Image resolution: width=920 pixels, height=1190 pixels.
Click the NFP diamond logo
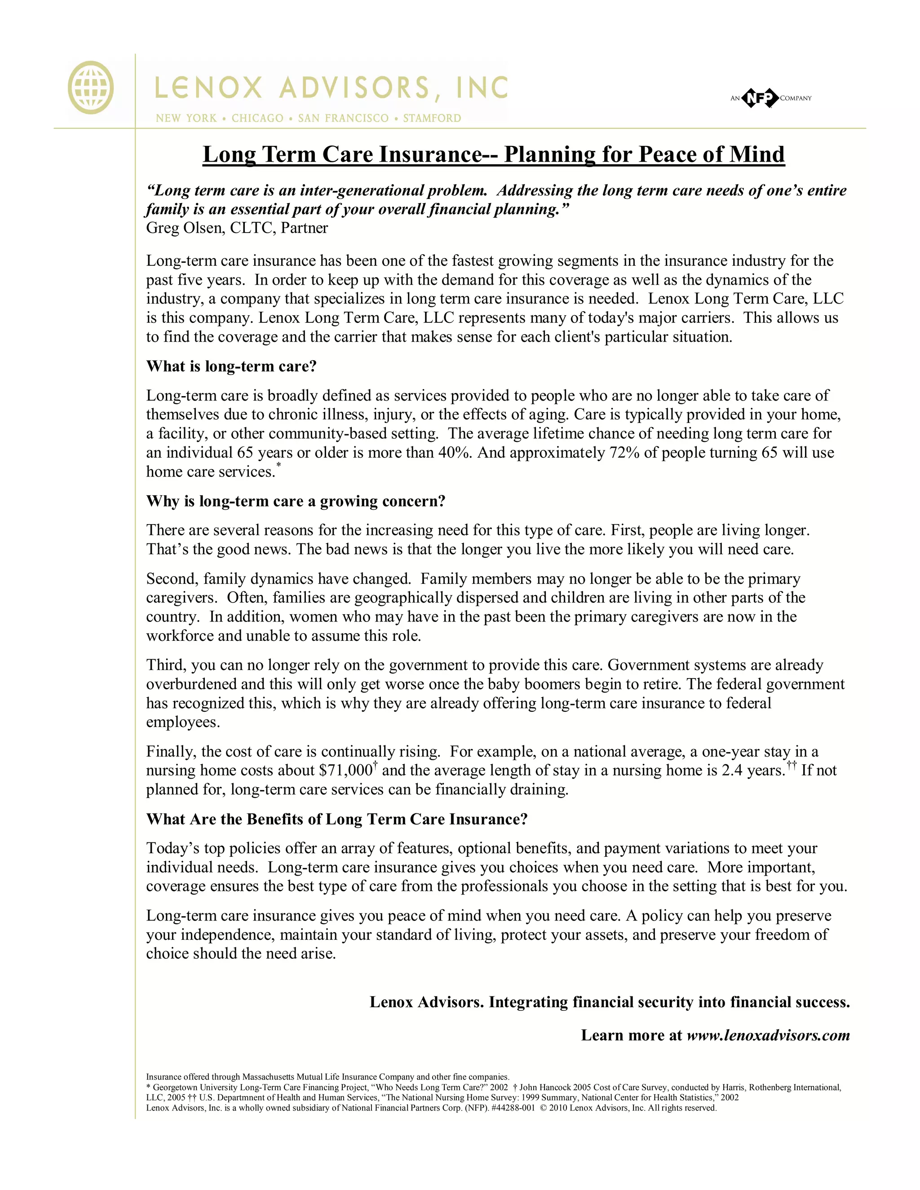point(760,98)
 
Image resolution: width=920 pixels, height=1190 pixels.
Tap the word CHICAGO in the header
point(257,118)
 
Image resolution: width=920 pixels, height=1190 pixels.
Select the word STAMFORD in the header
point(432,118)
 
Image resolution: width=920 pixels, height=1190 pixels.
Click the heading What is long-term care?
point(231,366)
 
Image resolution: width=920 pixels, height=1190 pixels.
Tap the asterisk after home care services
point(279,465)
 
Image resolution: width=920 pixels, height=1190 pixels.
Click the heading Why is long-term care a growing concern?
point(296,501)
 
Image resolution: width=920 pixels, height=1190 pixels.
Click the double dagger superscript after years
point(792,766)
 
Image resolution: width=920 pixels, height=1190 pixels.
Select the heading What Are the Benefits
point(336,820)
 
